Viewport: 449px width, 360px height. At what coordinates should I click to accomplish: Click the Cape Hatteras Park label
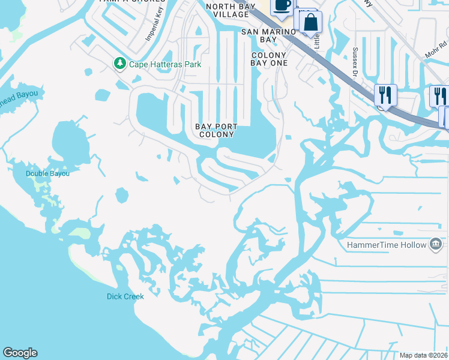coord(166,64)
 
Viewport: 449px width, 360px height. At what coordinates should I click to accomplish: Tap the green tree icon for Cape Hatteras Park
coord(120,63)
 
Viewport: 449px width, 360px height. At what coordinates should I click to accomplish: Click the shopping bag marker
coord(310,23)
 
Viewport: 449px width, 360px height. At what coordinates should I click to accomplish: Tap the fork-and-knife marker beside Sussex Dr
coord(385,95)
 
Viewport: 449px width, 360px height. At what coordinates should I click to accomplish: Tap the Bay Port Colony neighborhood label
coord(216,130)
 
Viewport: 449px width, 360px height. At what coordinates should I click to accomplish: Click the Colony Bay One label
coord(269,59)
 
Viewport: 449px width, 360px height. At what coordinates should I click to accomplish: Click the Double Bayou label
coord(47,173)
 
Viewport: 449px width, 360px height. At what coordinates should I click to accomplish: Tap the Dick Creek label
coord(125,296)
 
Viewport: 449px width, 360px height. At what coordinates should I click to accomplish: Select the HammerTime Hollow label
coord(386,245)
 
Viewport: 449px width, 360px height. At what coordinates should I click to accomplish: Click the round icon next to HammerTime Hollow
coord(436,244)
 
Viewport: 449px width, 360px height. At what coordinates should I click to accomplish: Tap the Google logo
coord(20,353)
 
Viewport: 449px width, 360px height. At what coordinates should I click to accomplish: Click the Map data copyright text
coord(424,355)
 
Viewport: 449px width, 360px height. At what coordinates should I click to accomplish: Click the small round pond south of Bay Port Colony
coord(121,195)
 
